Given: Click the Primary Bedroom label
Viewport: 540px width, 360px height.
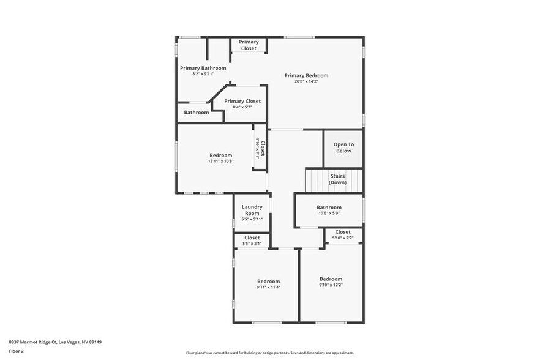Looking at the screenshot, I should pyautogui.click(x=306, y=76).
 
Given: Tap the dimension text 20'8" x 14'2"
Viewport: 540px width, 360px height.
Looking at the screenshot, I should pyautogui.click(x=306, y=81).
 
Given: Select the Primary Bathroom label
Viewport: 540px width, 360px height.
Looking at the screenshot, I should pyautogui.click(x=203, y=68).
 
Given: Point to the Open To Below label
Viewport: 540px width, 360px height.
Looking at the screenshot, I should pyautogui.click(x=343, y=148).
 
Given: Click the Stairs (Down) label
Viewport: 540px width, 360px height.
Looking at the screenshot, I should pyautogui.click(x=337, y=179).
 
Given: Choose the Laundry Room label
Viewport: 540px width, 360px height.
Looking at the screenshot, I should pyautogui.click(x=252, y=210).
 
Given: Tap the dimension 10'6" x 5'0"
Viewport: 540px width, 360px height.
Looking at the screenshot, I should pyautogui.click(x=329, y=213).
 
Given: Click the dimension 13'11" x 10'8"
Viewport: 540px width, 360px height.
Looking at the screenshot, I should pyautogui.click(x=220, y=161).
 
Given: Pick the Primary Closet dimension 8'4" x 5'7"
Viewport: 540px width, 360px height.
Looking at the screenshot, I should pyautogui.click(x=242, y=107).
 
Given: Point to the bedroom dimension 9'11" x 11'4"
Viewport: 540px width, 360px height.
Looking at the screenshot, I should pyautogui.click(x=268, y=287).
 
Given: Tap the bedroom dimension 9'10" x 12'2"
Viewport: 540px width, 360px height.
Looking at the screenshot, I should pyautogui.click(x=331, y=285).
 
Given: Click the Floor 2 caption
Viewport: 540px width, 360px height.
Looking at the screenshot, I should pyautogui.click(x=16, y=351).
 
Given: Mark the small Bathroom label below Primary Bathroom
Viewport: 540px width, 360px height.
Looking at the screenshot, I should pyautogui.click(x=197, y=113).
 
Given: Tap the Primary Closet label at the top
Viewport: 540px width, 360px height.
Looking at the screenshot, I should pyautogui.click(x=249, y=45).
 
